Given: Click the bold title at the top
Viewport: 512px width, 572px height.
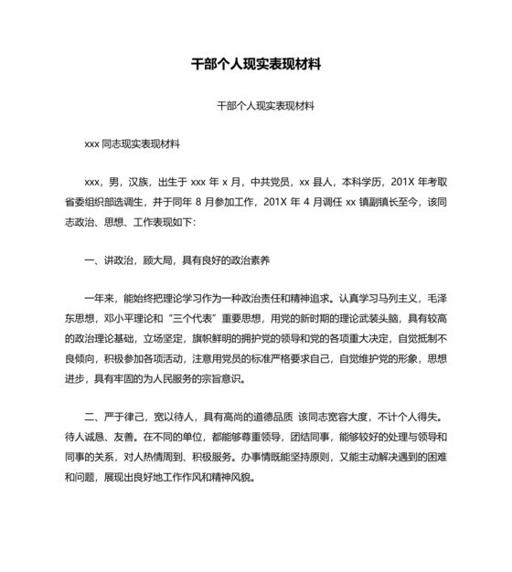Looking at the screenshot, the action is click(x=255, y=66).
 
